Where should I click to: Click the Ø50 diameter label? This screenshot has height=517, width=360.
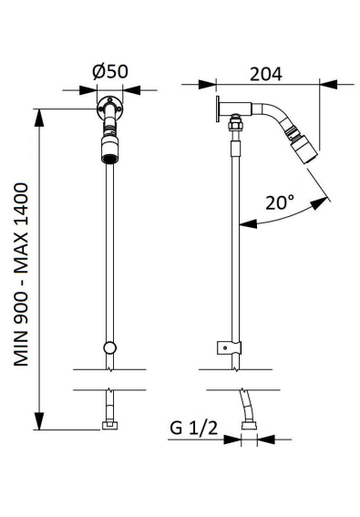(x=110, y=71)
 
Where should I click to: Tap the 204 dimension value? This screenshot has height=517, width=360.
(x=266, y=74)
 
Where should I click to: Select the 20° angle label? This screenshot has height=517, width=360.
(x=280, y=202)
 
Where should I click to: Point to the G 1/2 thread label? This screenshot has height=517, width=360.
(x=193, y=428)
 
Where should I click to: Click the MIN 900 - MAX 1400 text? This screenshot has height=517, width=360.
(x=21, y=274)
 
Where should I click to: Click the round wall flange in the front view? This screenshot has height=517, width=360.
(x=109, y=108)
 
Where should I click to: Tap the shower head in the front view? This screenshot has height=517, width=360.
(x=109, y=150)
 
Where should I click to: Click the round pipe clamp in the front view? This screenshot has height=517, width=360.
(x=109, y=347)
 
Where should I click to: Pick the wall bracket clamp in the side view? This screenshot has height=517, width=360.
(x=229, y=347)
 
